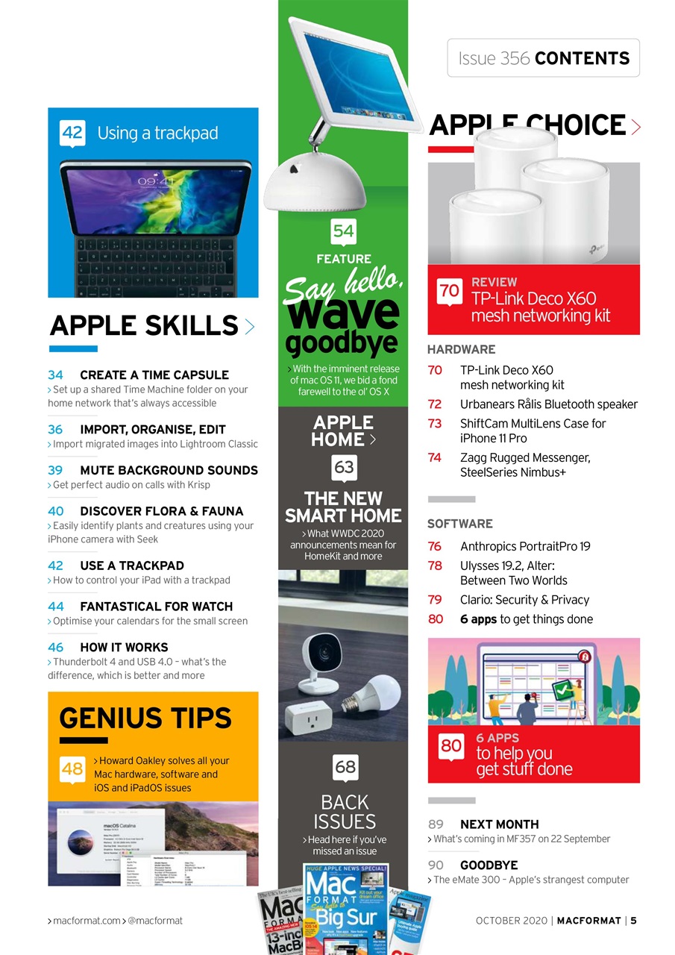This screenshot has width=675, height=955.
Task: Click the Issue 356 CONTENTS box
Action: (x=543, y=58)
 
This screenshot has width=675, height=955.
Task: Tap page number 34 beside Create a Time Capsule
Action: (x=55, y=375)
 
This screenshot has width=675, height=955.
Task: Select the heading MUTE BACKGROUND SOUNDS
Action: (x=169, y=470)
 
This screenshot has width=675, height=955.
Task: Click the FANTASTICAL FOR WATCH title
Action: (x=156, y=607)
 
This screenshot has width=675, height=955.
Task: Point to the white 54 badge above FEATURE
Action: (x=343, y=231)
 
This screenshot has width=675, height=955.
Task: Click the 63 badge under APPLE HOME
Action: (x=344, y=468)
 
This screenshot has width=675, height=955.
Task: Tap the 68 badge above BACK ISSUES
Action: (x=345, y=766)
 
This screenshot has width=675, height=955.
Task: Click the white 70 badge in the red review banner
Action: (x=449, y=290)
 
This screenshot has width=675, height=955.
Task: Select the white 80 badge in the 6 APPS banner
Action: (x=451, y=745)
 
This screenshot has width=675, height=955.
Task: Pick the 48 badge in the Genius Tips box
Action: (x=72, y=769)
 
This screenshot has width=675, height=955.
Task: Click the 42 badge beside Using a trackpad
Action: (x=72, y=133)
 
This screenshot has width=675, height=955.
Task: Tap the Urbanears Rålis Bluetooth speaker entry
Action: (x=548, y=404)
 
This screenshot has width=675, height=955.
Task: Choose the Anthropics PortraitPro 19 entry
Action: (x=524, y=546)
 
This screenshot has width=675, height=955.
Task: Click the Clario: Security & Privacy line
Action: (x=524, y=600)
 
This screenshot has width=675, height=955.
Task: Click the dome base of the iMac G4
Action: (x=314, y=184)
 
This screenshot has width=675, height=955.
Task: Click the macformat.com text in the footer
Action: (x=86, y=921)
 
